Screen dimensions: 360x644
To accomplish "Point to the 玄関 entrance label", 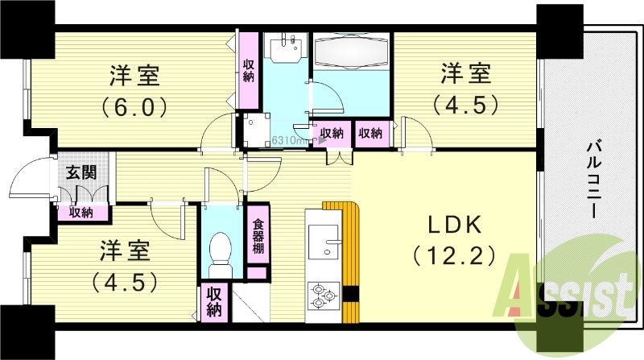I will (x=78, y=172).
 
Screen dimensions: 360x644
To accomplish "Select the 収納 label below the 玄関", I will (x=80, y=213).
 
